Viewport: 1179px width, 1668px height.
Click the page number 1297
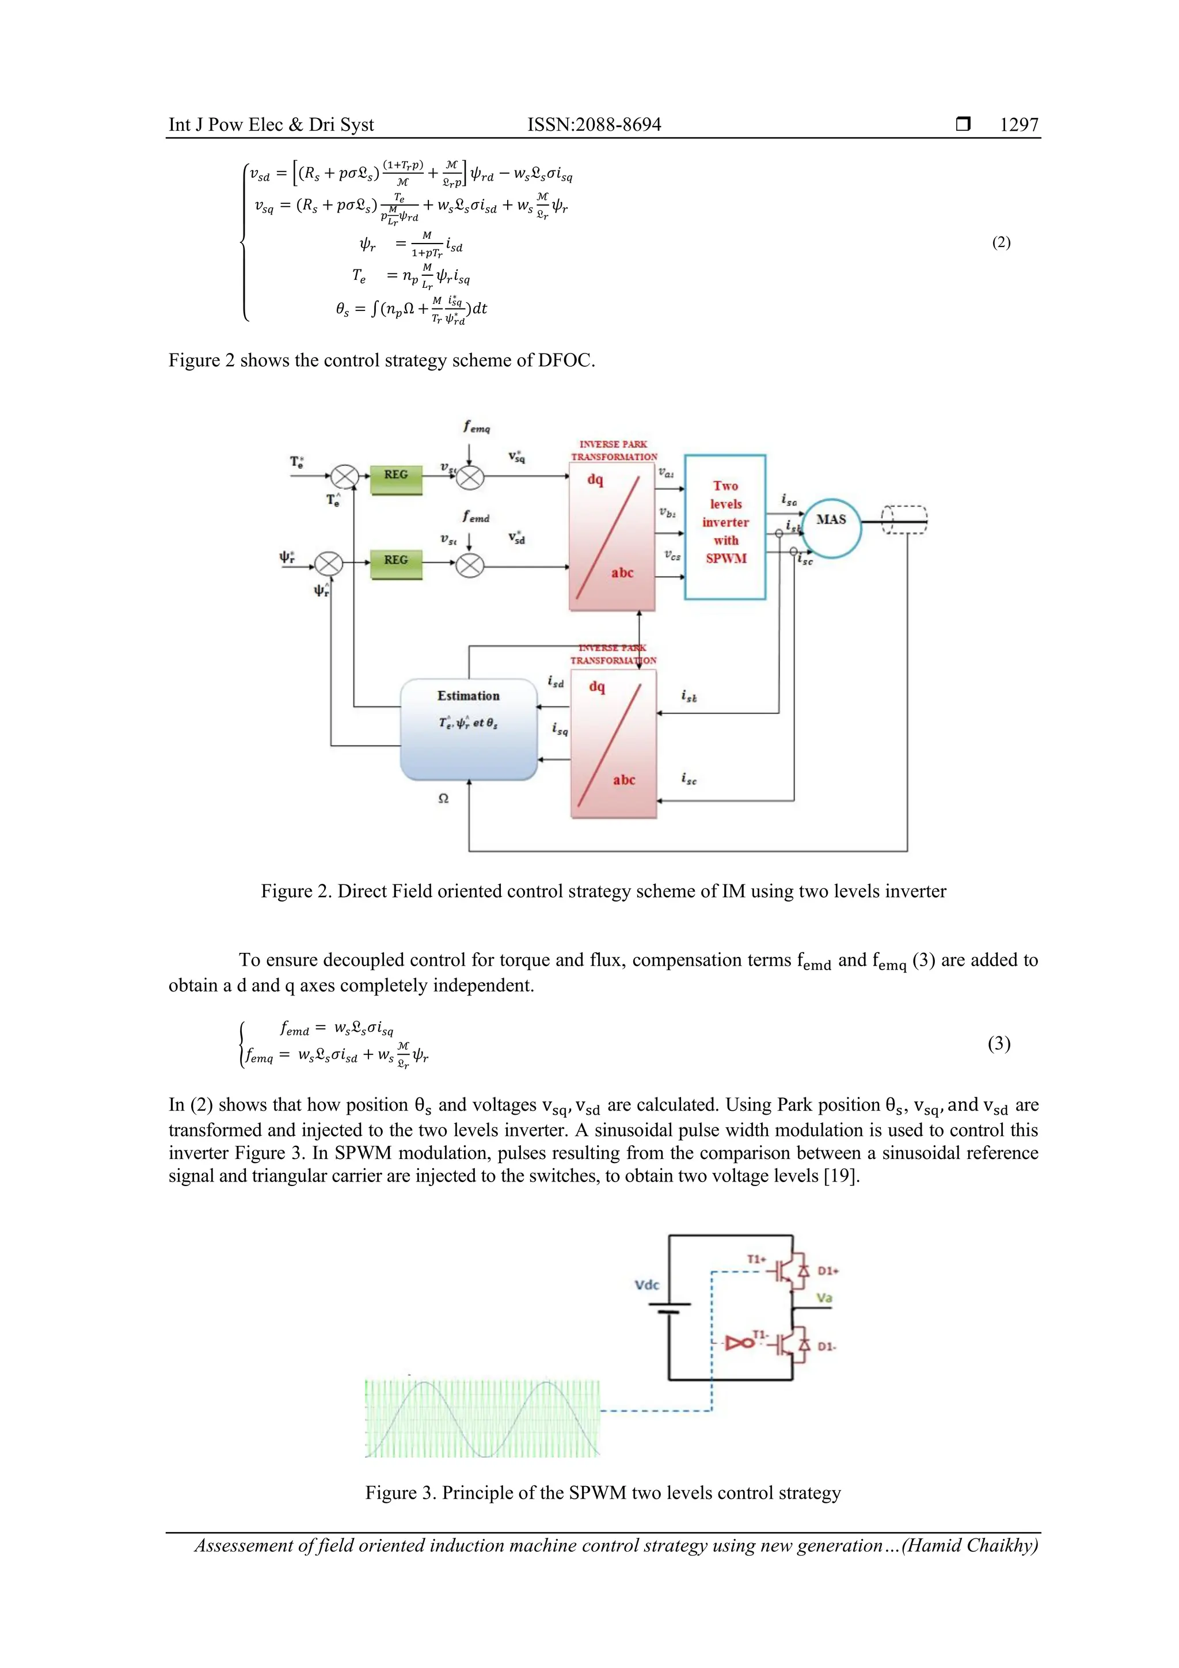pos(1018,125)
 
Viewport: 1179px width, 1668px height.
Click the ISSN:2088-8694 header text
pos(594,125)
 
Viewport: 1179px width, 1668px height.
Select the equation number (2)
pos(1001,242)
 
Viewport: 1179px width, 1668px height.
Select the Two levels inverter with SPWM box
pos(725,527)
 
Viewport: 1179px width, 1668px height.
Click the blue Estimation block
pos(469,729)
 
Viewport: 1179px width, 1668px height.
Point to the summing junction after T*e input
pos(345,477)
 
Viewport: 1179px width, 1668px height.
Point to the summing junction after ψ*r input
pos(328,564)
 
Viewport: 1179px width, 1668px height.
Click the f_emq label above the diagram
pos(477,427)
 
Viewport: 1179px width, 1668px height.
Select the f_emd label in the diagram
pos(476,516)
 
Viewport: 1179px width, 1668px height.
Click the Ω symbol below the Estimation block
pos(443,799)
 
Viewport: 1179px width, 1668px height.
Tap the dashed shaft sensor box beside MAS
pos(904,520)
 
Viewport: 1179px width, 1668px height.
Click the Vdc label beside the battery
pos(646,1285)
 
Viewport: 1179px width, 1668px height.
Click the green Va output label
pos(824,1298)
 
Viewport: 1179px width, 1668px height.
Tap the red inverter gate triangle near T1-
pos(740,1343)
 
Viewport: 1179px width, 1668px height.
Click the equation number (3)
pos(999,1043)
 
